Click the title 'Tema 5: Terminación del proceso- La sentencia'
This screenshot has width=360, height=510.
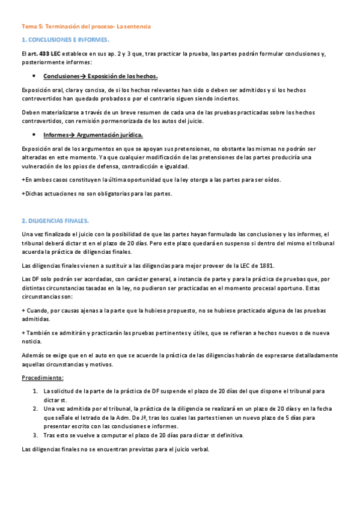[86, 27]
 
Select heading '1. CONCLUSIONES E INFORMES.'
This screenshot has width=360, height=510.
[65, 40]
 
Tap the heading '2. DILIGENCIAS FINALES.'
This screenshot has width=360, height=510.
[55, 221]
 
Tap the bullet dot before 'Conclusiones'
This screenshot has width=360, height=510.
[34, 76]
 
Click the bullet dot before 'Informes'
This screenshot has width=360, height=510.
[34, 135]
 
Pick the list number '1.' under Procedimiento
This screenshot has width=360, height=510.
[35, 391]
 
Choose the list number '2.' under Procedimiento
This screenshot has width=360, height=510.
[35, 408]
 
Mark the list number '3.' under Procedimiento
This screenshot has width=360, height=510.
[35, 435]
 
